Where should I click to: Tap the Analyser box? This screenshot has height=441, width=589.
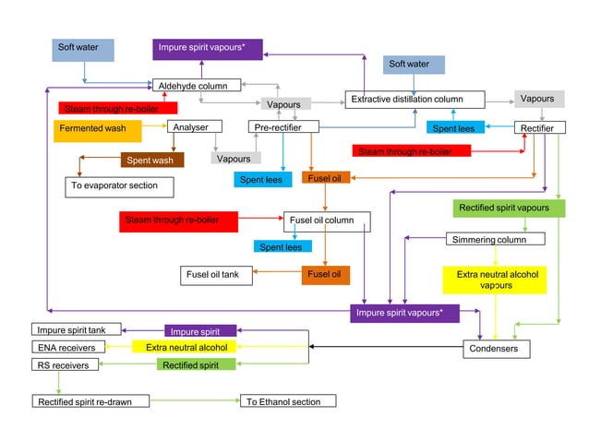click(195, 126)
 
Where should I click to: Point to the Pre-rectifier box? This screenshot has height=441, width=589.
click(283, 126)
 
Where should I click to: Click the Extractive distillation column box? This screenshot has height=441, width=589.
click(415, 99)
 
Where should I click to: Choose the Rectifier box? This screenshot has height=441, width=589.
click(539, 128)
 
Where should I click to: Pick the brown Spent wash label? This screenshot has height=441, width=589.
click(152, 161)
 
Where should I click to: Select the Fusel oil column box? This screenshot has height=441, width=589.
click(326, 220)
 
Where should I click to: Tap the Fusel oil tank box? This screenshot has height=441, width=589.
click(216, 275)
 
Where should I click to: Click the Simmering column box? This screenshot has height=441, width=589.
click(495, 240)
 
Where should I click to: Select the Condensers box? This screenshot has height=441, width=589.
click(497, 349)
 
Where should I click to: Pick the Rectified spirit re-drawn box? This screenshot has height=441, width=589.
click(90, 401)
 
